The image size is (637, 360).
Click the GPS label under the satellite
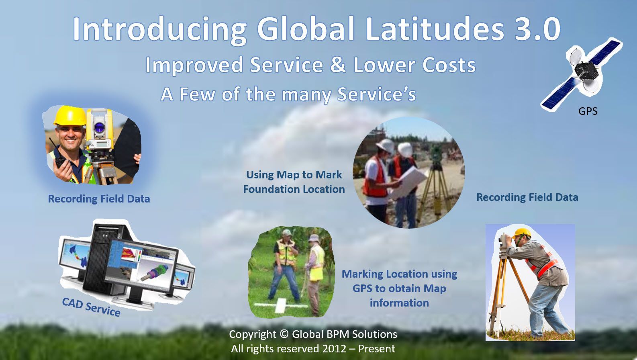[588, 111]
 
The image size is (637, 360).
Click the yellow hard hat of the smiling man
[70, 116]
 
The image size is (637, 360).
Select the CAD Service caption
[91, 307]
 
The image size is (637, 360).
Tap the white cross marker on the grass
[281, 306]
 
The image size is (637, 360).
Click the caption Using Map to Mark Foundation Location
[294, 182]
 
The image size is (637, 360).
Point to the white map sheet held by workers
[408, 182]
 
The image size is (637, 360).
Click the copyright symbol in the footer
[284, 334]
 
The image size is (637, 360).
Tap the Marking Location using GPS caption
[399, 288]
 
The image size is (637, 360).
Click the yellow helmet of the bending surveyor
[522, 233]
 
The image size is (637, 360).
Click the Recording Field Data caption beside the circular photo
[527, 197]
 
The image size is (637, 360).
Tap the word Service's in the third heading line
[376, 94]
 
